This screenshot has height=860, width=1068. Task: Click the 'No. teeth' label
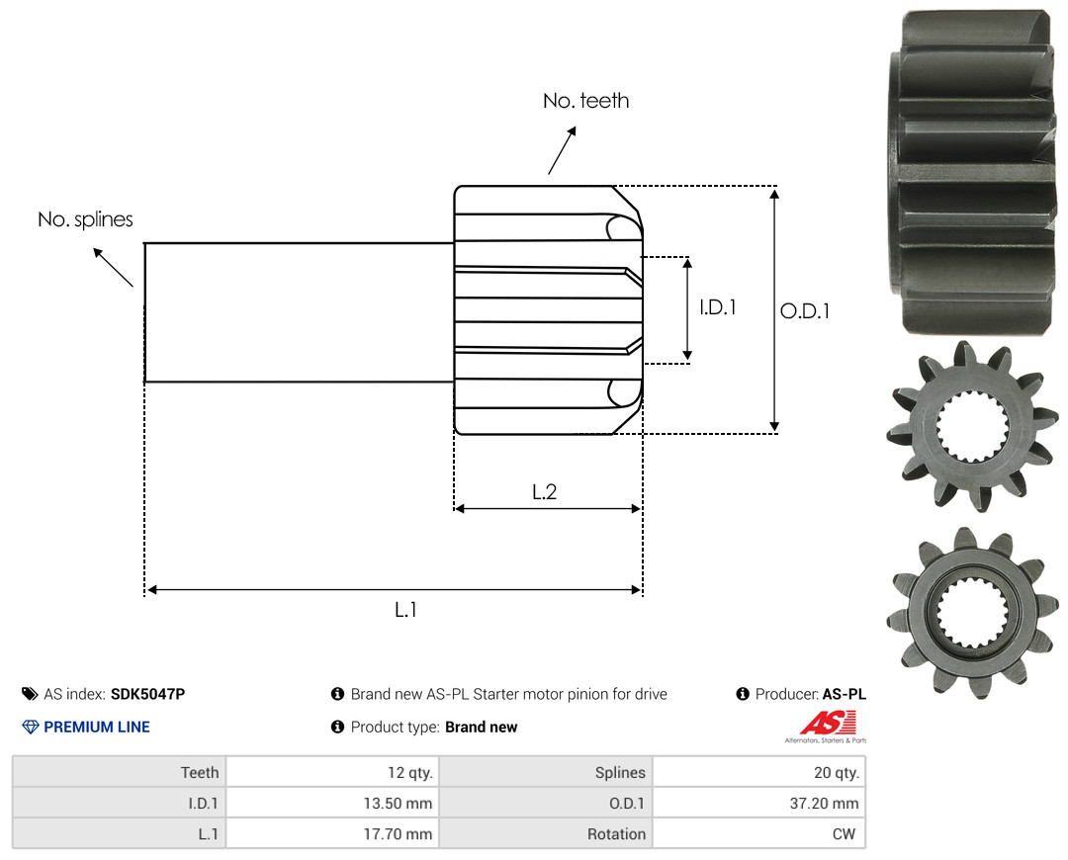click(x=585, y=101)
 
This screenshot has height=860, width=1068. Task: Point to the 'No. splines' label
click(x=85, y=219)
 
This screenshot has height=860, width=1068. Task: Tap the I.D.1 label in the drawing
click(x=718, y=307)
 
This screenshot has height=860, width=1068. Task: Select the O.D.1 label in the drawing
click(x=805, y=311)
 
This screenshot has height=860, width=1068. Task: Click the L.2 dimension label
click(x=544, y=491)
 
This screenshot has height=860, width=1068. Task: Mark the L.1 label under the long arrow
click(x=406, y=610)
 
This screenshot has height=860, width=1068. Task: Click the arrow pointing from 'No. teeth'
click(x=562, y=150)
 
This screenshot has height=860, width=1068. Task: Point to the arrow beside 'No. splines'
click(x=113, y=268)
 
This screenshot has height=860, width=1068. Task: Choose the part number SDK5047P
click(x=147, y=694)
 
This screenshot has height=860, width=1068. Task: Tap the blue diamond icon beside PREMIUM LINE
click(x=31, y=727)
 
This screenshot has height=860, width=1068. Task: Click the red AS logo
click(x=829, y=724)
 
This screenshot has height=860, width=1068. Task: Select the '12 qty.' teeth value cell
click(x=332, y=772)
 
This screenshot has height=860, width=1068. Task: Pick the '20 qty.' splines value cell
click(x=758, y=772)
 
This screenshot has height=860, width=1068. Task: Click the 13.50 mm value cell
click(x=332, y=803)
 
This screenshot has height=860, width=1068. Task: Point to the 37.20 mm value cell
click(x=758, y=803)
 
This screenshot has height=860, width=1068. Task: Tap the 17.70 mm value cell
click(x=332, y=833)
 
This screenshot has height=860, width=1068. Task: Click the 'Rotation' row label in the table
click(x=616, y=834)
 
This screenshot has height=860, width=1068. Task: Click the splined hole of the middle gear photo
click(x=973, y=427)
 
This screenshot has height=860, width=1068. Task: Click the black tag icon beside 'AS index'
click(x=30, y=694)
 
